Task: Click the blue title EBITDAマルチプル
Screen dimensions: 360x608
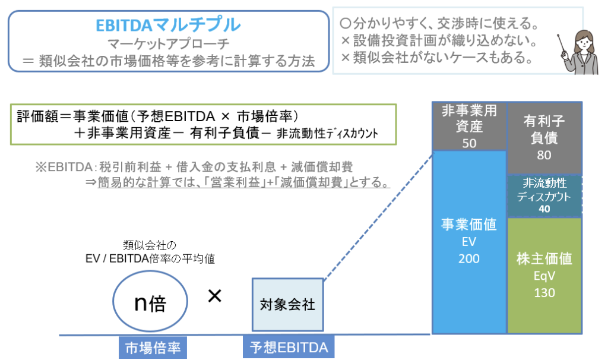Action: (x=168, y=24)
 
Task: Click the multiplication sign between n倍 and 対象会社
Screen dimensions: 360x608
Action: (x=214, y=296)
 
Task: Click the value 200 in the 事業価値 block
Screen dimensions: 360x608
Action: (x=469, y=258)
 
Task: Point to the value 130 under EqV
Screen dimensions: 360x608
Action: (x=544, y=292)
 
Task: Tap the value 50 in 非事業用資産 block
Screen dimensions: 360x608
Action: (x=469, y=143)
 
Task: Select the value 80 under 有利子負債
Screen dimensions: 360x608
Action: (x=544, y=155)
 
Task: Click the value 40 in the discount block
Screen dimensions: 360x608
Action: (x=544, y=209)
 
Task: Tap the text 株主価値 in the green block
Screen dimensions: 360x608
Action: (x=544, y=259)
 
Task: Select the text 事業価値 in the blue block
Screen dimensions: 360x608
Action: (x=469, y=225)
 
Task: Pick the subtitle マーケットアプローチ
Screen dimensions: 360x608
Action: (x=168, y=43)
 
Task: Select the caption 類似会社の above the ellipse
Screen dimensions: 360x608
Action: (x=150, y=245)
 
